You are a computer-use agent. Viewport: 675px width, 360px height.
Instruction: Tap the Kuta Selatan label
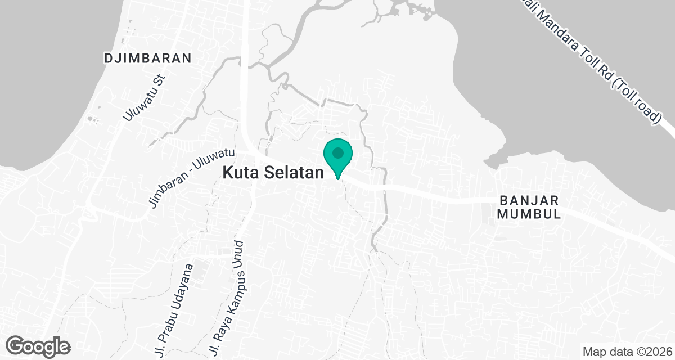(274, 173)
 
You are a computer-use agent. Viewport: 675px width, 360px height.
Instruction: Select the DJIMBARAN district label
(148, 58)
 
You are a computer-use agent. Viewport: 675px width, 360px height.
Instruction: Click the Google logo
(39, 346)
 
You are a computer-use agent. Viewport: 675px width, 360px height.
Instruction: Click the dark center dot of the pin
(337, 152)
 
